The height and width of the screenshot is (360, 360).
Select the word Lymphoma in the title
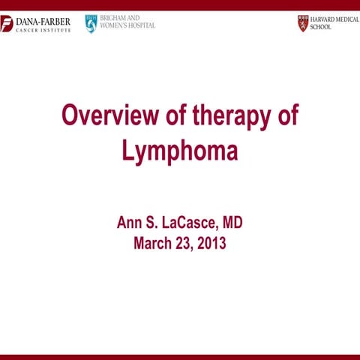180,151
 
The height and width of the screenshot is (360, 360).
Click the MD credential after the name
231,223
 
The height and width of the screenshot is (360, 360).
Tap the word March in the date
154,243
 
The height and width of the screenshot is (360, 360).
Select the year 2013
210,243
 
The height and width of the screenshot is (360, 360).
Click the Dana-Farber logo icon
7,23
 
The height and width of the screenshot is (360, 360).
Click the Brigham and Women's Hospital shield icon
91,23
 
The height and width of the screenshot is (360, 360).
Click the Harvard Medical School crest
302,22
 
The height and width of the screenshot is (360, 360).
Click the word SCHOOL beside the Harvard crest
321,27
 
